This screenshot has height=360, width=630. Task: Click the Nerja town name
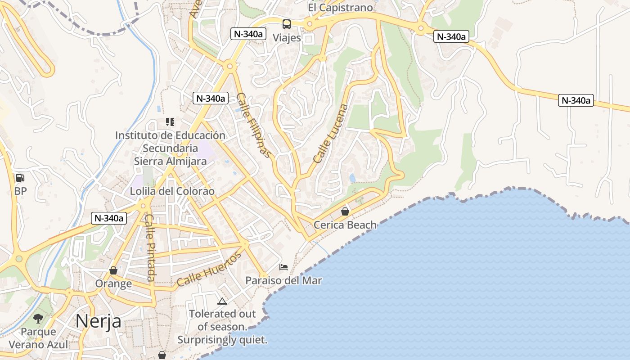pos(98,321)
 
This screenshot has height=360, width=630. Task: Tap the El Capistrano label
pos(341,8)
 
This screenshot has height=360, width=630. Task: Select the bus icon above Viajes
pos(287,24)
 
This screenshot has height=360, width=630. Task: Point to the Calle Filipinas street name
pos(255,125)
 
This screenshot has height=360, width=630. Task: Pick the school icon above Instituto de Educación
pos(170,121)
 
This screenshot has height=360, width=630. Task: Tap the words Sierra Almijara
pos(170,161)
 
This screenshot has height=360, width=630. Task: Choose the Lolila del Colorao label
pos(172,191)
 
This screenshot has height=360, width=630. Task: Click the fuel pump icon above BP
pos(20,178)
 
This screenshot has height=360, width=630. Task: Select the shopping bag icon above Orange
pos(113,270)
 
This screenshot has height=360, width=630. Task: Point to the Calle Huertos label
pos(209,270)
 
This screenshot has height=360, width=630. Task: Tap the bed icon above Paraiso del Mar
pos(283,267)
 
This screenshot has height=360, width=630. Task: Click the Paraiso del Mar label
pos(283,280)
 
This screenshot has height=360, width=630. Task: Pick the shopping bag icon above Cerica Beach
pos(345,211)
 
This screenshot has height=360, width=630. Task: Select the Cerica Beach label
pos(345,225)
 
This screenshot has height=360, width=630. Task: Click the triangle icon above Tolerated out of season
pos(222,301)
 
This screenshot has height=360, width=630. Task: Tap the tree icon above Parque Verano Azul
pos(39,319)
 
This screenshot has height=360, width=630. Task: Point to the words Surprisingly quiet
pos(222,340)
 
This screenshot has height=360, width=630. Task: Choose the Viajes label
pos(287,37)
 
